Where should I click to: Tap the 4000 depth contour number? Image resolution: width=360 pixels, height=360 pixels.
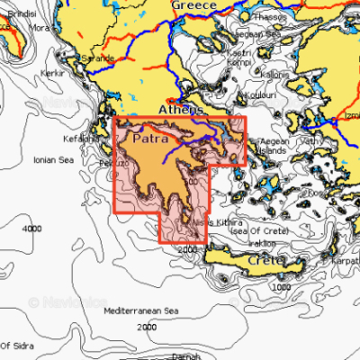coord(31,229)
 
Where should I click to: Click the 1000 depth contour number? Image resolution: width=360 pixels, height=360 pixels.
coord(282,286)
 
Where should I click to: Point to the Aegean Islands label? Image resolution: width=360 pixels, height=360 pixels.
coord(273,147)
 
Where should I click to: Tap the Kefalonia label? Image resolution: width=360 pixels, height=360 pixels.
coord(79,139)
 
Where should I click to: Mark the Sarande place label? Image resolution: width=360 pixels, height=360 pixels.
coord(98,58)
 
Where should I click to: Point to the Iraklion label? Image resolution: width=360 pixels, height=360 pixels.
coord(261,242)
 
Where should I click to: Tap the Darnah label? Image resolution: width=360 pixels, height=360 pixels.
coord(185,355)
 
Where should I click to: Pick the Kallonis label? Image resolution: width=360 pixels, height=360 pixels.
coord(274,75)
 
